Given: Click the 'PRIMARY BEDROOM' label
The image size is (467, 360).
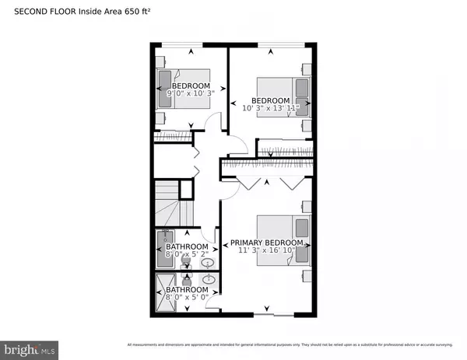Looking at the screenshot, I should (x=265, y=242).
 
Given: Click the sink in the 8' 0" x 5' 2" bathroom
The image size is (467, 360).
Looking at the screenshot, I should (x=207, y=264).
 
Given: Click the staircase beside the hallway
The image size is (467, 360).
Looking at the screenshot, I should (x=168, y=206).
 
